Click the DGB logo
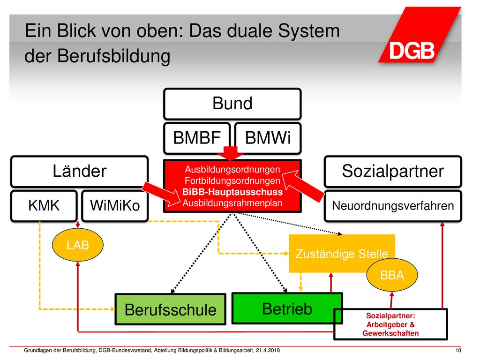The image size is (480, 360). coord(420,35)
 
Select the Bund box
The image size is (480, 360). coord(232,104)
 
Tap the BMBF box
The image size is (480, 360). coord(197,138)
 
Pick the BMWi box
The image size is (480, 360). coord(268,138)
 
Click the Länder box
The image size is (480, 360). coord(80,172)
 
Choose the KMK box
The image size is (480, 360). coord(44,206)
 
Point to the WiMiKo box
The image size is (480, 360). coord(115,206)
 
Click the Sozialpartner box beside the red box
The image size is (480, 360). coord(393,172)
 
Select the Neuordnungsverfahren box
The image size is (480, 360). coord(393,206)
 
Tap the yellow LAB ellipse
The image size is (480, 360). coord(78,245)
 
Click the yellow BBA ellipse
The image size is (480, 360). coord(392,275)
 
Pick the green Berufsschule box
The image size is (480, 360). coord(171,309)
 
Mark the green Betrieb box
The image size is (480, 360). coord(287,308)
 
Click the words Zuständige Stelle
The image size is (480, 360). coord(342,254)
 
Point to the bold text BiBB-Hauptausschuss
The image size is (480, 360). coord(232,192)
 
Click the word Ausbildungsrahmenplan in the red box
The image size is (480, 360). coord(232,203)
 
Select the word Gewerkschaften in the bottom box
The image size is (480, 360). coord(390,333)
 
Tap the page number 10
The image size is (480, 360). coord(458,351)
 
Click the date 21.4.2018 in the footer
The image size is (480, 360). coord(268,351)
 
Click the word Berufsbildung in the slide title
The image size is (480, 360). coord(114,56)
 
